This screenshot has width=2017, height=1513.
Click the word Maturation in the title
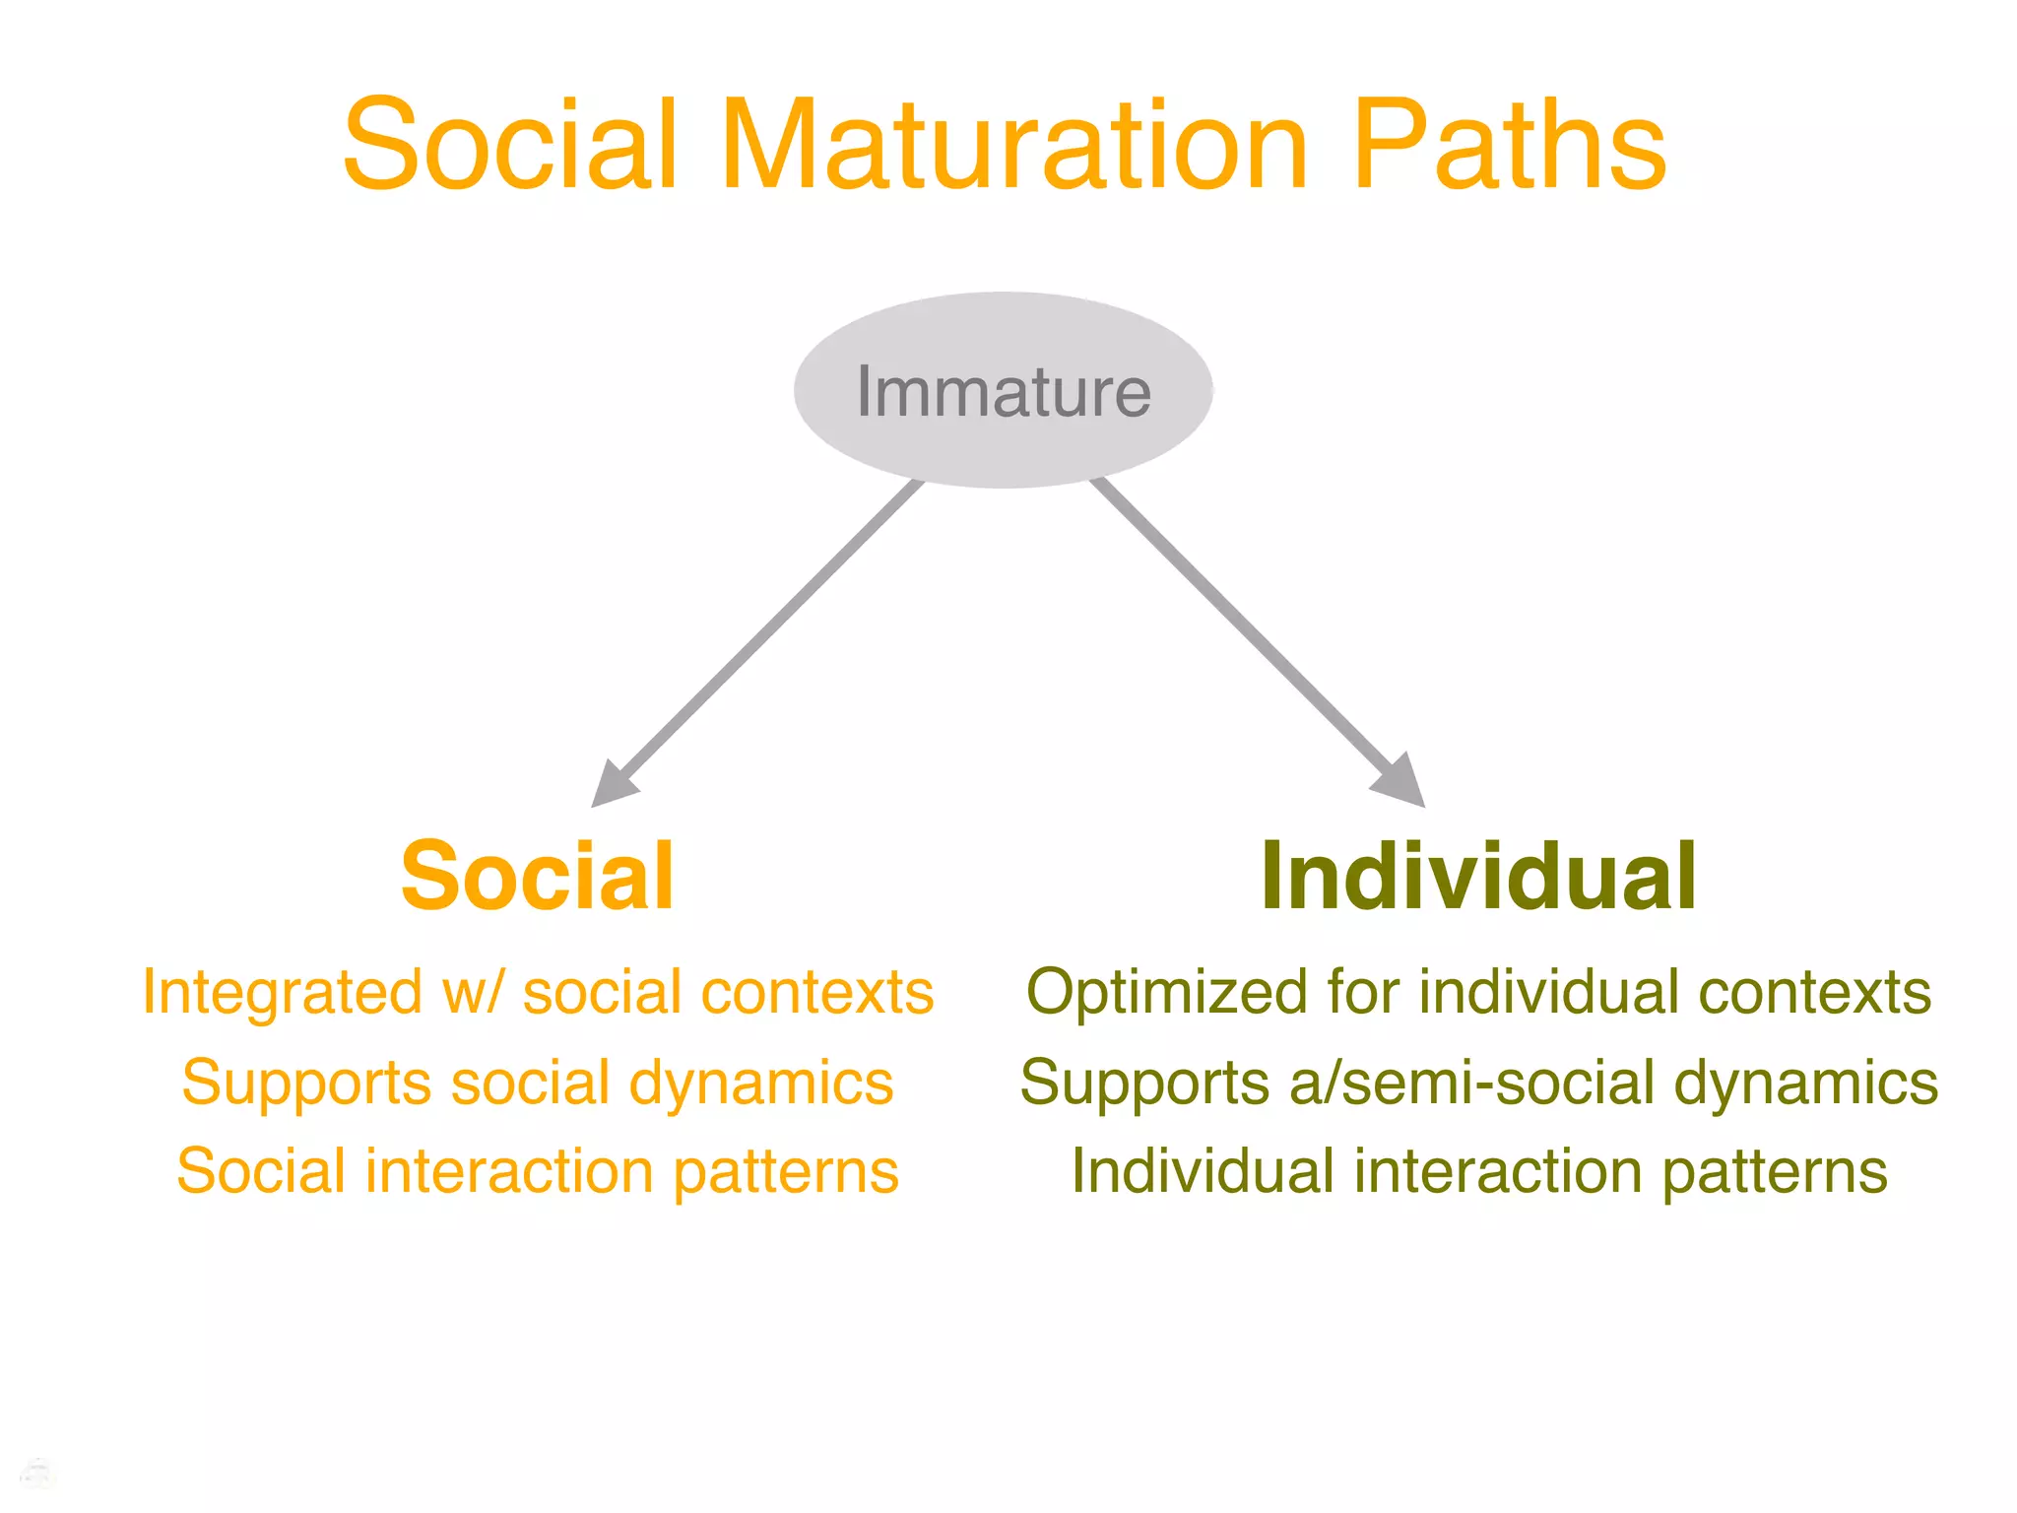click(1014, 146)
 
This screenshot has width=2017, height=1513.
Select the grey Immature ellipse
click(1003, 390)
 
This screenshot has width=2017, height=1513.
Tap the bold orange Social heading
click(537, 876)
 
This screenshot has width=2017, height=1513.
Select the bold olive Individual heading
click(1477, 876)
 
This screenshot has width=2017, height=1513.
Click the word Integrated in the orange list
click(282, 993)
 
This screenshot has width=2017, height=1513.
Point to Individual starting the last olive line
click(1203, 1171)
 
